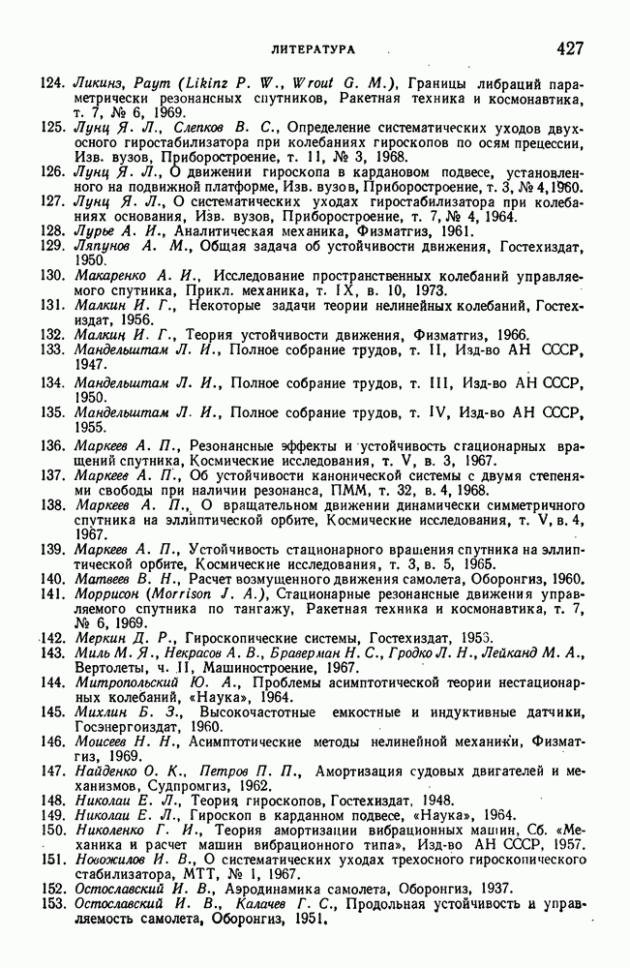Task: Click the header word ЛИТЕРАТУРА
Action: pyautogui.click(x=313, y=47)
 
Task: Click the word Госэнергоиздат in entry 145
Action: pyautogui.click(x=131, y=727)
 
